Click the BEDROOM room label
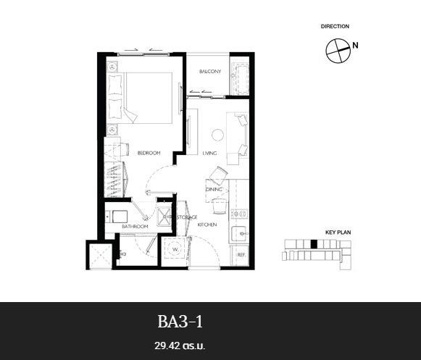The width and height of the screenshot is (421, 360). click(149, 153)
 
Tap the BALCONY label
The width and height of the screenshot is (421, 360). click(210, 72)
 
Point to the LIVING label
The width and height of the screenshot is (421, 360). click(209, 154)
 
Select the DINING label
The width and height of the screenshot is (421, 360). click(214, 190)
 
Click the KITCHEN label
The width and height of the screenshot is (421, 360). click(207, 225)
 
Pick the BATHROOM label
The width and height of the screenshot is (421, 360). click(135, 227)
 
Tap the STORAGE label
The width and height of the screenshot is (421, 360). click(187, 217)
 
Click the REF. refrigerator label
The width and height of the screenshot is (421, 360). click(241, 255)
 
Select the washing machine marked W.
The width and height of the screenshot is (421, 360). click(175, 248)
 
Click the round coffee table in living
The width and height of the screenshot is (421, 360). click(217, 135)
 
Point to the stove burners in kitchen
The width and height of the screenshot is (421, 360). click(239, 214)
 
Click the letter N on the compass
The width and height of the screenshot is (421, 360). click(355, 46)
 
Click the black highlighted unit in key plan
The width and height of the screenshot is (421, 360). click(314, 244)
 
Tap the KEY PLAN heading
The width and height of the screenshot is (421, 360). click(338, 233)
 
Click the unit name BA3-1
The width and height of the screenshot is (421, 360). click(180, 322)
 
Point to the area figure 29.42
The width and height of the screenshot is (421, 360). click(167, 346)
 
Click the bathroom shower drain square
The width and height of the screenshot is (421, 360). click(164, 217)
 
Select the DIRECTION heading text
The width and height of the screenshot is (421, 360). click(335, 26)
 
